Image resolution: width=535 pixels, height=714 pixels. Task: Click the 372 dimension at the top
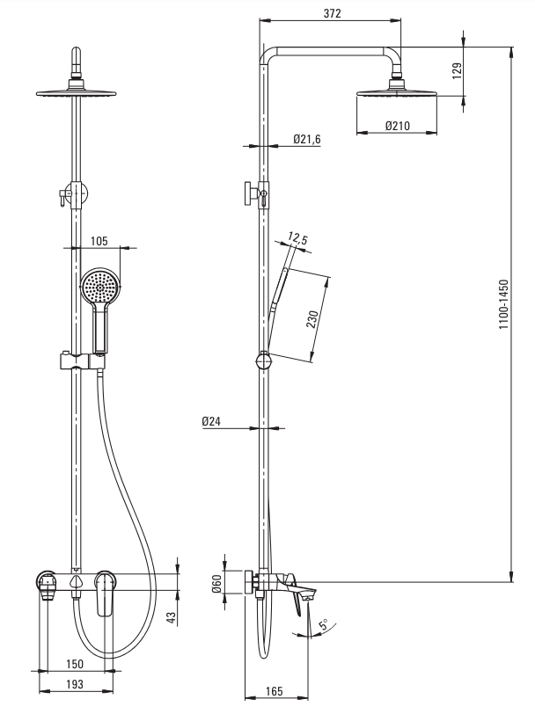pos(331,14)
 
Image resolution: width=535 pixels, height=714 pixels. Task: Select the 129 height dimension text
pos(457,71)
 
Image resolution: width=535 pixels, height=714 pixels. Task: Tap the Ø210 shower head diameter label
pos(398,126)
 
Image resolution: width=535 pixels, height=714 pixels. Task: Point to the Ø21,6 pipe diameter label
pos(306,139)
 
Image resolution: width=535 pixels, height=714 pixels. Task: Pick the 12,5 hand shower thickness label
pos(297,238)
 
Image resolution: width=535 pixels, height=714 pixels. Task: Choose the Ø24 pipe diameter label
pos(211,421)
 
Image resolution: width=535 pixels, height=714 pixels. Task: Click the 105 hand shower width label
pos(99,240)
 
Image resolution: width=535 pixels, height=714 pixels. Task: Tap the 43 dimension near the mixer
pos(172,618)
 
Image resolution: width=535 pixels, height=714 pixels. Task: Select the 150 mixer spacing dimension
pos(76,664)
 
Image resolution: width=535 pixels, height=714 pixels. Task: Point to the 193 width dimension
pos(76,683)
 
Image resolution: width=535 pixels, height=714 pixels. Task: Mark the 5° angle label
pos(323,625)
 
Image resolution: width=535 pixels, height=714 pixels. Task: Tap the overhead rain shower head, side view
pos(396,91)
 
